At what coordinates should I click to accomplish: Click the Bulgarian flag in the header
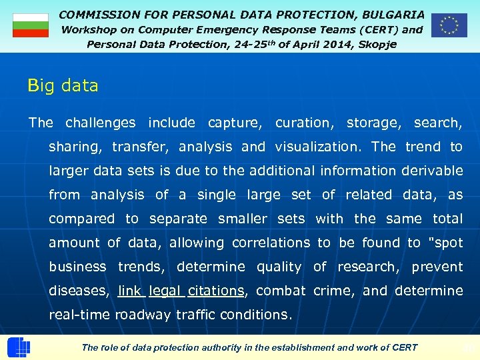point(31,25)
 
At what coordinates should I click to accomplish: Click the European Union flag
point(449,25)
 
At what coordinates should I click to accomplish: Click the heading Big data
point(63,86)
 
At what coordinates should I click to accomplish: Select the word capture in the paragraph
point(234,123)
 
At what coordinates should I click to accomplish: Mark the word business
point(77,267)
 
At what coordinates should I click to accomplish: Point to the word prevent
point(437,267)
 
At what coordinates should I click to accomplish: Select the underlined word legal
point(165,291)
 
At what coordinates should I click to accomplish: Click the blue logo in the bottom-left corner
point(18,348)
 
